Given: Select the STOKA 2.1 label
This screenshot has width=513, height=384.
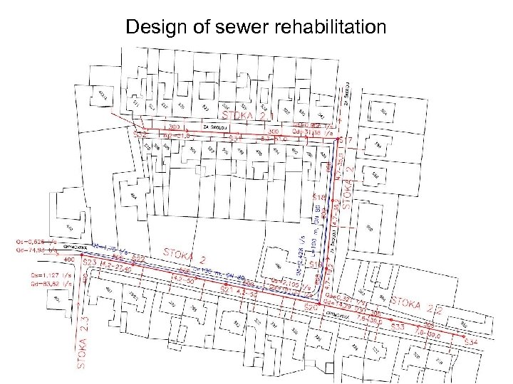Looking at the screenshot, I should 246,114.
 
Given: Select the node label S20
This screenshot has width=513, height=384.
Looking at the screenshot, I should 311,307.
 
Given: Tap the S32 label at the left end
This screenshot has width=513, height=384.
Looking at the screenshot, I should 140,132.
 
